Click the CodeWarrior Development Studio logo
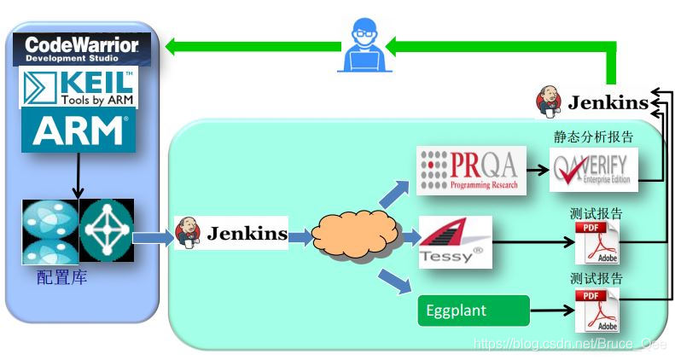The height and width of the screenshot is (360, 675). [x=84, y=49]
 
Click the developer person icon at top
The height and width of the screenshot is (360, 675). [x=363, y=48]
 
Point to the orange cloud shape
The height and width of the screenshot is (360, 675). [x=357, y=235]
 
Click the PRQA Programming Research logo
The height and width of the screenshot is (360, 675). [x=468, y=169]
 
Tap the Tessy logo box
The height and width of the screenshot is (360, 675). [x=455, y=242]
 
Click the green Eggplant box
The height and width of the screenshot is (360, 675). [x=474, y=311]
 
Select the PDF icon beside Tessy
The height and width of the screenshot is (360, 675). [x=596, y=243]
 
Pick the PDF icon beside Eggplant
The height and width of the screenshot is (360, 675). [x=596, y=311]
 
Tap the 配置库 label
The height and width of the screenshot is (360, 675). [x=61, y=279]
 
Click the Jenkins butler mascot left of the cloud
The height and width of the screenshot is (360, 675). [x=188, y=232]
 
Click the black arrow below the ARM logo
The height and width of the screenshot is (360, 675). [x=78, y=176]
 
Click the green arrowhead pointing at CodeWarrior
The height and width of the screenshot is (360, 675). [x=173, y=46]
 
